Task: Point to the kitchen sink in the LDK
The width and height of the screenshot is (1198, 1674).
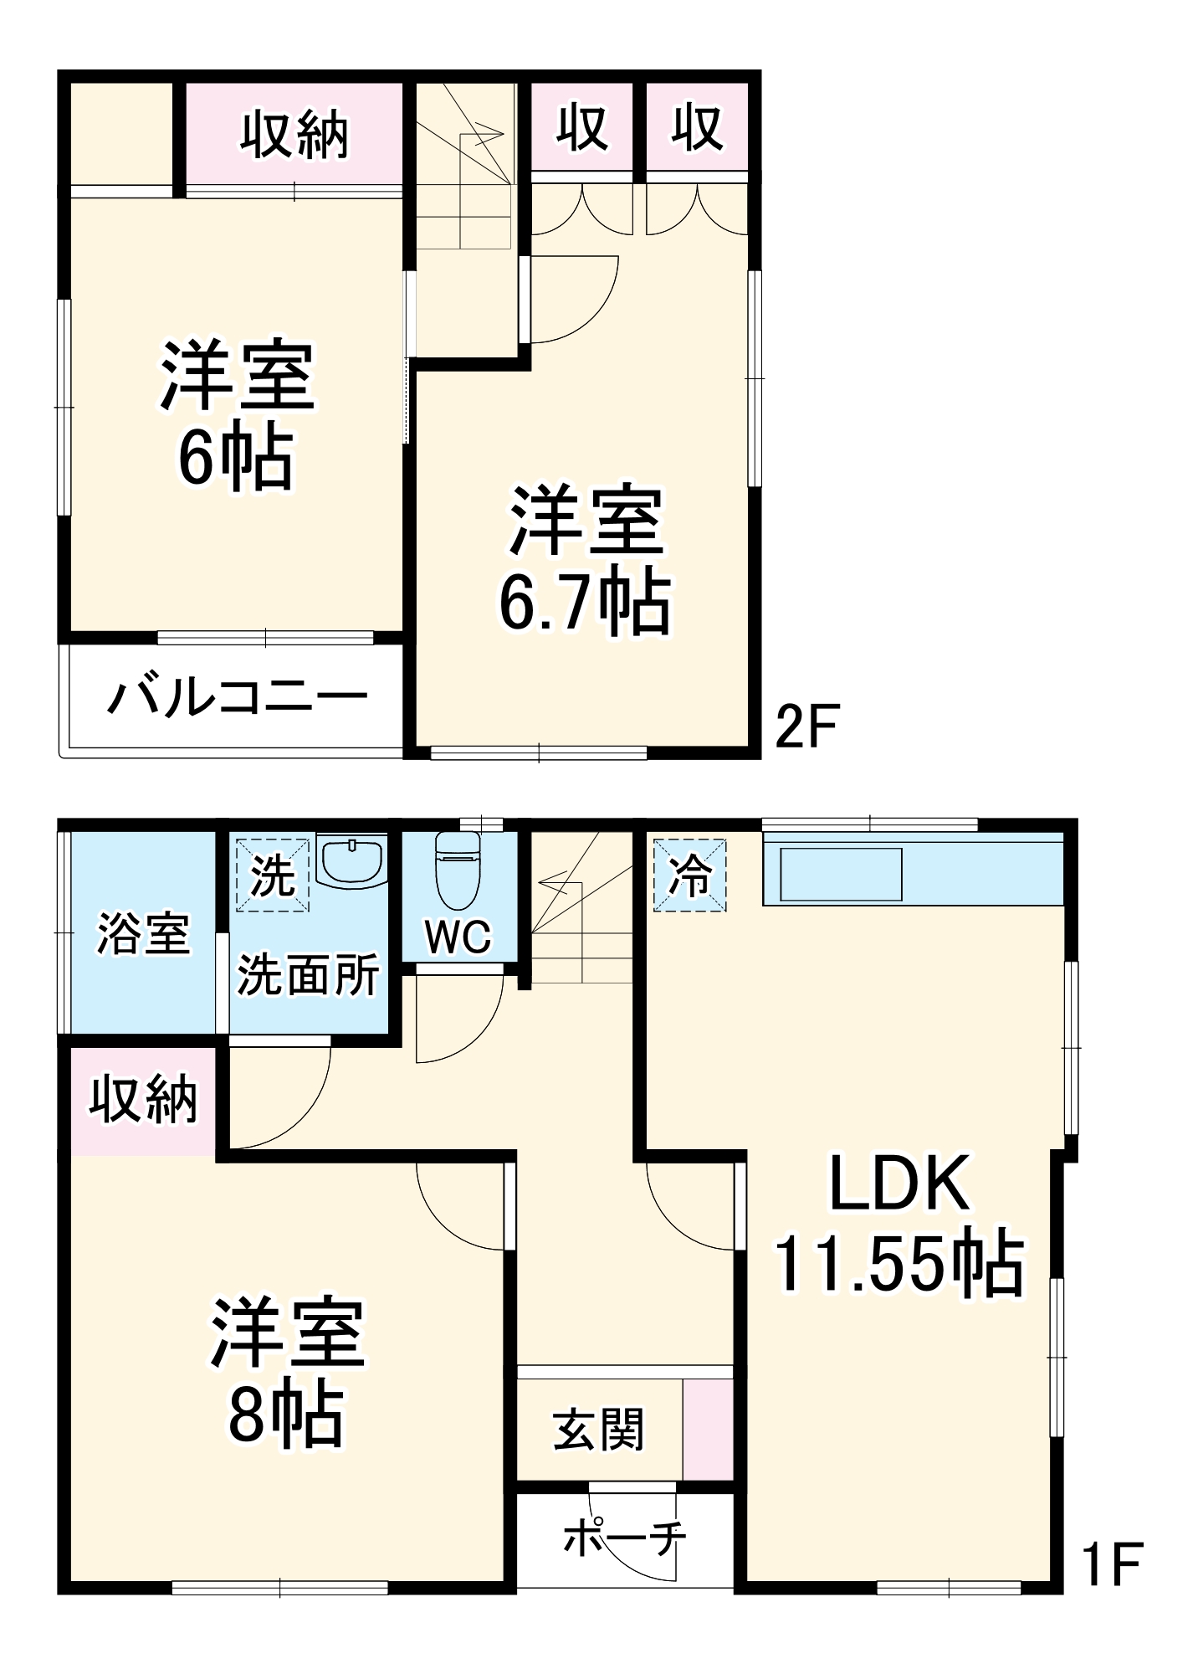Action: (x=841, y=876)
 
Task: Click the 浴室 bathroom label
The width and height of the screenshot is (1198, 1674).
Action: (x=143, y=933)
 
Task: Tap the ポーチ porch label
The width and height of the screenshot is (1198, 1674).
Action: (x=624, y=1538)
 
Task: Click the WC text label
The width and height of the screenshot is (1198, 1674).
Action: (x=458, y=937)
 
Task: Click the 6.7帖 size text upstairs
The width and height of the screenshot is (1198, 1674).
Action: (x=585, y=602)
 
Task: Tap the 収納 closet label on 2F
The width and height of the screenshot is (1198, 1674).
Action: (x=294, y=135)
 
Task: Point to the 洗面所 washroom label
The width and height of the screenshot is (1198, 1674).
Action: (x=308, y=975)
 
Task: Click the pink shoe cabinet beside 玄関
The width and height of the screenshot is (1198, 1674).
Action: (x=708, y=1430)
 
